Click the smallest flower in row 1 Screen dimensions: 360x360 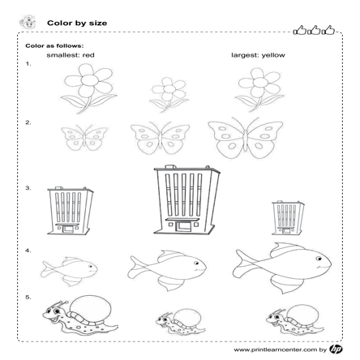click(169, 94)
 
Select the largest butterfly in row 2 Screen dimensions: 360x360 click(246, 138)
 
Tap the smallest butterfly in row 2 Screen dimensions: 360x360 click(84, 138)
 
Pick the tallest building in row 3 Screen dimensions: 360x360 click(186, 199)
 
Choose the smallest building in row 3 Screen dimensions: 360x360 click(288, 217)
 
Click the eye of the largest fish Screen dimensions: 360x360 click(319, 259)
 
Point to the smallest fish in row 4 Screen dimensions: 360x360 click(70, 271)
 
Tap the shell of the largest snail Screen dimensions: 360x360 click(90, 308)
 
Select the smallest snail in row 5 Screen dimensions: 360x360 click(181, 322)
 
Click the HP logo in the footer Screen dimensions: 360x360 click(336, 349)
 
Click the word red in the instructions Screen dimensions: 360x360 click(88, 55)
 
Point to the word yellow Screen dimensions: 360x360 click(273, 55)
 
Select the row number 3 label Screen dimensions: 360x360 click(28, 188)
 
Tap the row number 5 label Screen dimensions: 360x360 click(28, 298)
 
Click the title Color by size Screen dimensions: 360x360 click(77, 24)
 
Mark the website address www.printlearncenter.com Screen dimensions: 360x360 click(275, 349)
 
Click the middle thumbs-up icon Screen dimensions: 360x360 click(314, 30)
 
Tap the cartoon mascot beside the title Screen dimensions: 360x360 click(28, 22)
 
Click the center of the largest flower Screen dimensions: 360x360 click(90, 79)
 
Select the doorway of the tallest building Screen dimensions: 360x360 click(183, 226)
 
